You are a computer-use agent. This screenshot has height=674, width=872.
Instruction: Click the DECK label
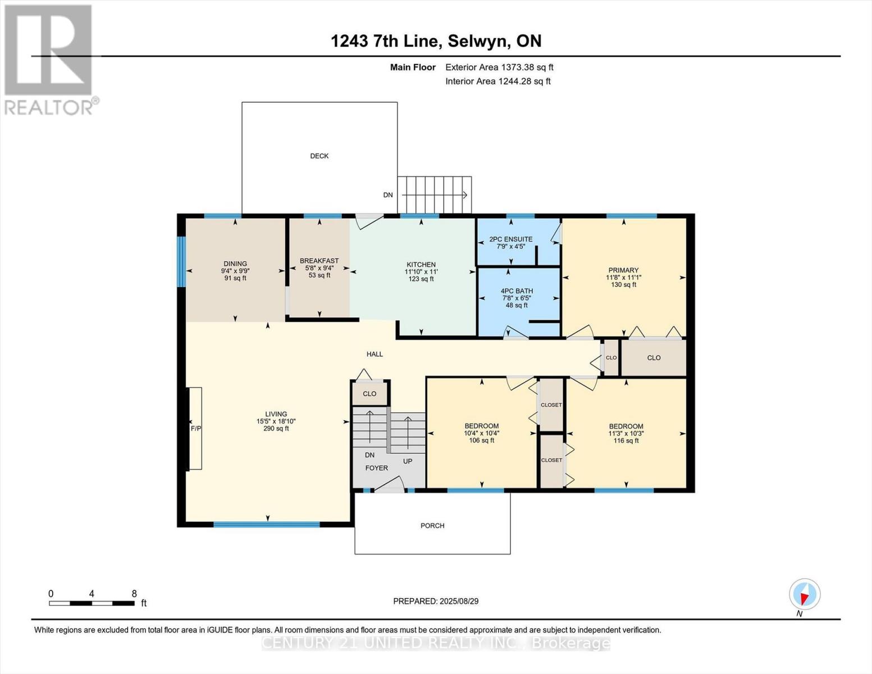319,156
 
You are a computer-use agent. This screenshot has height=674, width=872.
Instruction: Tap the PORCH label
432,526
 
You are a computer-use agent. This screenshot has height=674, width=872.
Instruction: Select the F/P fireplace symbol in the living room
195,429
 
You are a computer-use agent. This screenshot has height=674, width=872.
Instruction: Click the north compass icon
805,594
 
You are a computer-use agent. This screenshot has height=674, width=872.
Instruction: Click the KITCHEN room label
421,265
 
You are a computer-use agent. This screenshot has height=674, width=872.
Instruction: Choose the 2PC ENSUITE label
511,239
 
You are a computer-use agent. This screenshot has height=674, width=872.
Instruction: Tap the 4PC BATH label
517,291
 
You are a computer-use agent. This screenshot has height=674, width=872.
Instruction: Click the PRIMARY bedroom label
623,270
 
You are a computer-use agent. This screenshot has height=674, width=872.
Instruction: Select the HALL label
375,354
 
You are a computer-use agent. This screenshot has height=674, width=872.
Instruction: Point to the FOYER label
376,468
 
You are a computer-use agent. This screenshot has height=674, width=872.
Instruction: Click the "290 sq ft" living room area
276,429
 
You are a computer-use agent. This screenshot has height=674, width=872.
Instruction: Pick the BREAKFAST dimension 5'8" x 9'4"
319,268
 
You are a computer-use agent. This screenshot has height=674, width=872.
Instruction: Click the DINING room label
235,264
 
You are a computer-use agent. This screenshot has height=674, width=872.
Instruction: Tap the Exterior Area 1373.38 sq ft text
499,67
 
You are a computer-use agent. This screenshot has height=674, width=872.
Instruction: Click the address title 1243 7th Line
386,41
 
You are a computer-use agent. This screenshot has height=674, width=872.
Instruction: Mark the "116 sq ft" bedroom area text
626,441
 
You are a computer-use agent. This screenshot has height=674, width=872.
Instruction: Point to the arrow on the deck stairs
435,195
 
